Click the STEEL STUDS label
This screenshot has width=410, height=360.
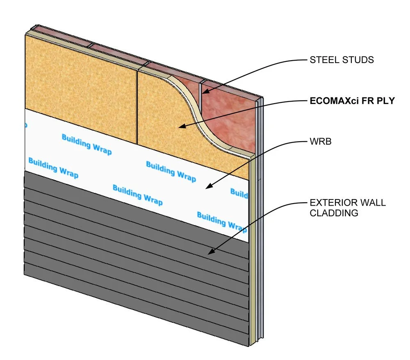341,60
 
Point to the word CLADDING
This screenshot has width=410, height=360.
334,213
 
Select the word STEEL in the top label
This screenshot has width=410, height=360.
321,60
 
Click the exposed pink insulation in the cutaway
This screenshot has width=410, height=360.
230,119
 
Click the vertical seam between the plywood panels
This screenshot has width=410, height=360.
137,106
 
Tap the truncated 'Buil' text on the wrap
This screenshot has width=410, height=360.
239,192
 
